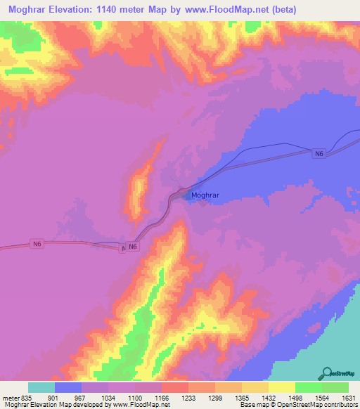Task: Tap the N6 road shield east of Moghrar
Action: click(x=319, y=153)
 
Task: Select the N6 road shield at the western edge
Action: click(x=37, y=243)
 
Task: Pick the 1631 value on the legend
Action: click(x=348, y=397)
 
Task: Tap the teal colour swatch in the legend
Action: click(x=41, y=387)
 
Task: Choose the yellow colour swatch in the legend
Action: click(x=281, y=387)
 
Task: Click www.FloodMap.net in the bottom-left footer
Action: click(x=139, y=405)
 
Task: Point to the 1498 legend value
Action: click(x=295, y=397)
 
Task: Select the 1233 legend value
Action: click(x=188, y=397)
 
